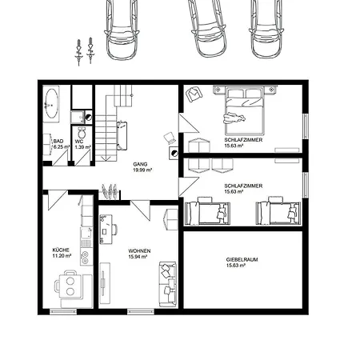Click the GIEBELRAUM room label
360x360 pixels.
coord(242,259)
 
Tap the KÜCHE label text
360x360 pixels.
coord(61,250)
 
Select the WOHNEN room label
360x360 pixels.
coord(139,251)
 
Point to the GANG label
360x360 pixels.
coord(140,164)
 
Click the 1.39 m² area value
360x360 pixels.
coord(83,147)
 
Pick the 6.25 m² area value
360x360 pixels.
coord(62,147)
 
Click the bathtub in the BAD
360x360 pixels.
coord(51,103)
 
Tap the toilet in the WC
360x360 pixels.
coord(82,133)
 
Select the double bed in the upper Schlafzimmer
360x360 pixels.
coord(245,110)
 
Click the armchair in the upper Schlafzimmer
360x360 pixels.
coord(194,94)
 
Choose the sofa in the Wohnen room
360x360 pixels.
coord(168,284)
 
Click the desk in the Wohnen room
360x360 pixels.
coord(106,230)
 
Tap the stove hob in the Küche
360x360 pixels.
coord(86,257)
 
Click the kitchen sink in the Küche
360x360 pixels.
coord(86,234)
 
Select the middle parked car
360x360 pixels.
coord(207,28)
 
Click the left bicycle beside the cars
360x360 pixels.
coord(78,52)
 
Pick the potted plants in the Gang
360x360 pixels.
coord(110,191)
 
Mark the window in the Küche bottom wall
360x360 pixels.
coord(63,311)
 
